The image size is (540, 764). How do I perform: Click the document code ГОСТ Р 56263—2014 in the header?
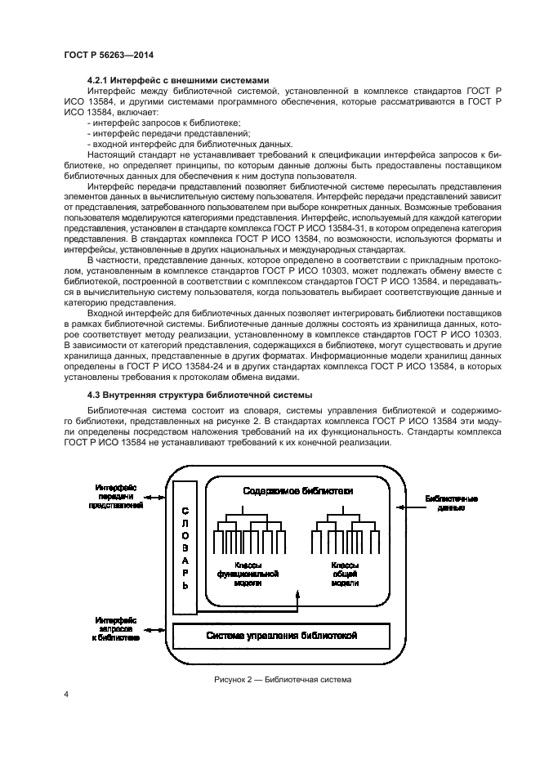[x=109, y=55]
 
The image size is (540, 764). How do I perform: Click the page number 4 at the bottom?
[x=65, y=694]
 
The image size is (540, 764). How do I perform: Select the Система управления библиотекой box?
[x=281, y=636]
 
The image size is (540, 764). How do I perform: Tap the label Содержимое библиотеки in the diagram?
[x=298, y=491]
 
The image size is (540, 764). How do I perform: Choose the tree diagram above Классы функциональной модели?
[x=248, y=533]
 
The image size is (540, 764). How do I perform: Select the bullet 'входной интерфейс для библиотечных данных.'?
[x=189, y=143]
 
